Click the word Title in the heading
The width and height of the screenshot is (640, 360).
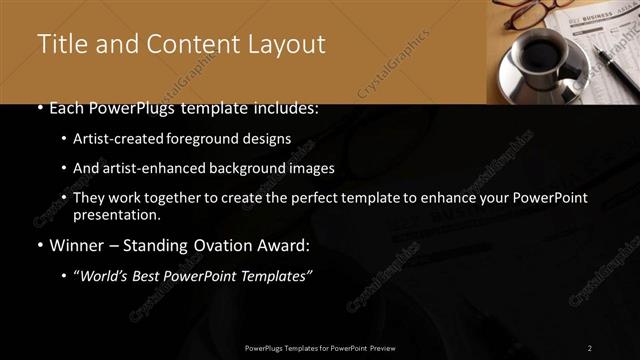coord(59,45)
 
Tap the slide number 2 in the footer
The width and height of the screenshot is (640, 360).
coord(590,348)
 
